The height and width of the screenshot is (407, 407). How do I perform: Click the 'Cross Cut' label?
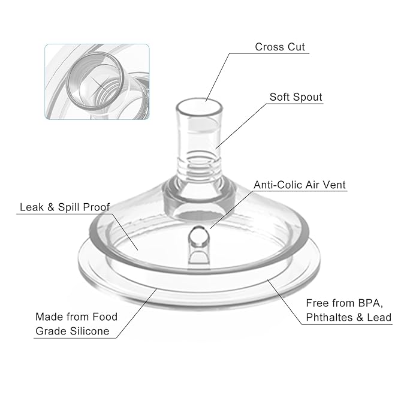pos(280,47)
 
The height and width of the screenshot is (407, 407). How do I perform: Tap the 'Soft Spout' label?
pos(296,97)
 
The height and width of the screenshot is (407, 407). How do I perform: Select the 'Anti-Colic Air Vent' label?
pos(300,185)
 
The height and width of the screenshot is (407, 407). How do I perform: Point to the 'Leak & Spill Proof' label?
pos(65,207)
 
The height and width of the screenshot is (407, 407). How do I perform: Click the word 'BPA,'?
pos(370,303)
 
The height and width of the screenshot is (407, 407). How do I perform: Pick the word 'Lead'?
pos(379,317)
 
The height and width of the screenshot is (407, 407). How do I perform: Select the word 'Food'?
pos(105,316)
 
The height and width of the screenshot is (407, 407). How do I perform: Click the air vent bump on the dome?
pos(198,237)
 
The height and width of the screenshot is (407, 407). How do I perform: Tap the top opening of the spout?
pos(200,107)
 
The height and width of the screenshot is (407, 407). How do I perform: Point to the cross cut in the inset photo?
pos(101,85)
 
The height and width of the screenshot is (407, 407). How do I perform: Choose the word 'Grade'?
pos(52,331)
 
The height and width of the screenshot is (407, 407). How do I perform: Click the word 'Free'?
pos(317,303)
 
